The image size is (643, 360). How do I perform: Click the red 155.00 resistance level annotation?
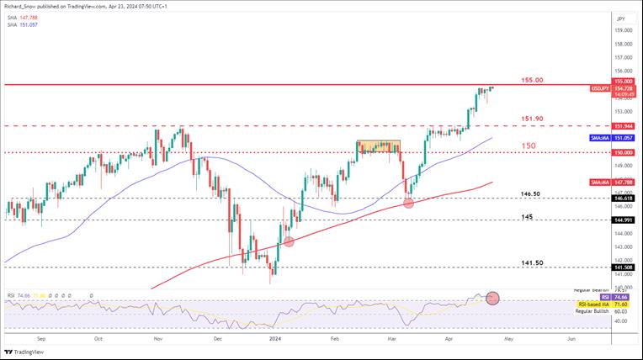click(533, 80)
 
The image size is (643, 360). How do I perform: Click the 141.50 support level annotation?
click(533, 262)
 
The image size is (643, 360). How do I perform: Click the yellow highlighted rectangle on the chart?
click(377, 146)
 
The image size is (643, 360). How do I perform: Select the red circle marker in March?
click(409, 202)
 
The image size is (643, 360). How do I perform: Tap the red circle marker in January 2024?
click(290, 241)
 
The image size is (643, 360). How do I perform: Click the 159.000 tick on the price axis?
click(623, 30)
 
